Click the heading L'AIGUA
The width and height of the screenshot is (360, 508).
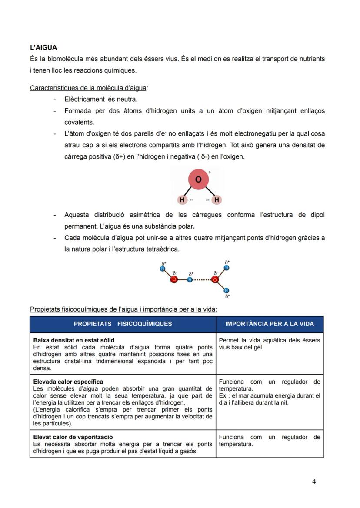(43, 47)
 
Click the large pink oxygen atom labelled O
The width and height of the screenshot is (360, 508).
(198, 179)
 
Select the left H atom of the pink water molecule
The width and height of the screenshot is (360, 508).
(182, 200)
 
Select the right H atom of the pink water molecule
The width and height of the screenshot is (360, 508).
(217, 200)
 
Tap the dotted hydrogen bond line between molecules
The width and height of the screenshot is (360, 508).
(202, 279)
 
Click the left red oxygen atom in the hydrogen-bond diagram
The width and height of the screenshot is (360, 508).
(174, 279)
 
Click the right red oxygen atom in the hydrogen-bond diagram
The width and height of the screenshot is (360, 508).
(215, 279)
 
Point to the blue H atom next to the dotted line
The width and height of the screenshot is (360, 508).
(190, 279)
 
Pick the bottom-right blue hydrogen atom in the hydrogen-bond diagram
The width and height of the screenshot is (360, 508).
(227, 291)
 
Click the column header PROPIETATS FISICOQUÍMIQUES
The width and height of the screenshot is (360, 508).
(123, 324)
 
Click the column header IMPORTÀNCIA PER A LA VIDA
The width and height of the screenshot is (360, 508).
(270, 324)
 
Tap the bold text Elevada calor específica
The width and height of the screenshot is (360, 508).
(68, 382)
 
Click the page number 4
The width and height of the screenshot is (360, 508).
(314, 481)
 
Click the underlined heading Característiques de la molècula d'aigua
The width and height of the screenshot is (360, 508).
(88, 88)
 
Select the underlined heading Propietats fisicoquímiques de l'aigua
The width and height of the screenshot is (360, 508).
(123, 309)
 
